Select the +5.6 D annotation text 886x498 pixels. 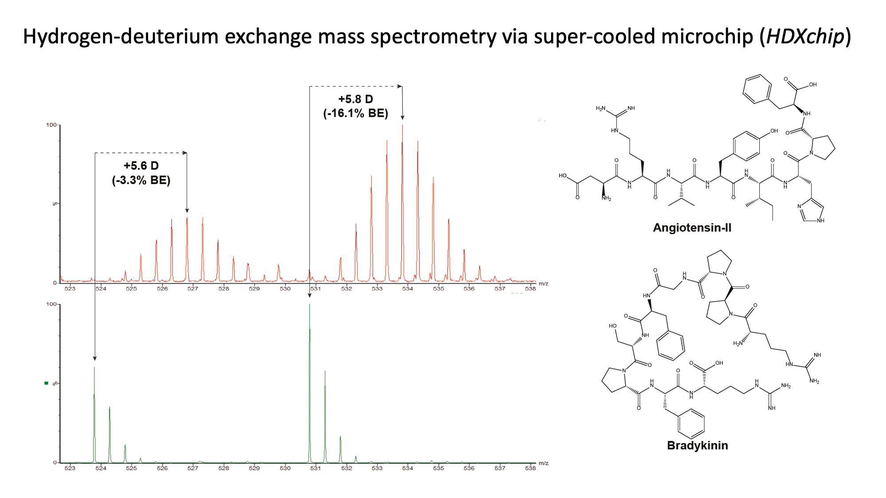click(x=141, y=166)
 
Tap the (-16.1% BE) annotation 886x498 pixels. click(x=356, y=113)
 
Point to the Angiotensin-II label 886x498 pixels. click(x=692, y=228)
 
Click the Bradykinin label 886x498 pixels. click(x=697, y=445)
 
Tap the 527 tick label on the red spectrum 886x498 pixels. click(x=193, y=289)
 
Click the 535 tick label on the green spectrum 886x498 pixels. click(x=439, y=468)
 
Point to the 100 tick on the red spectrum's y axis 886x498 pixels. click(x=51, y=125)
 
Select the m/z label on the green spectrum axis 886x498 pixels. click(x=544, y=463)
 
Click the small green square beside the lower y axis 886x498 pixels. click(x=46, y=383)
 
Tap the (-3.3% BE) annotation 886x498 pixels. click(x=141, y=180)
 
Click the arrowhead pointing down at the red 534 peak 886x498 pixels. click(x=402, y=117)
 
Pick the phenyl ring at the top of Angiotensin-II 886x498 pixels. click(x=757, y=89)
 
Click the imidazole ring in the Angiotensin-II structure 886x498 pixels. click(x=812, y=211)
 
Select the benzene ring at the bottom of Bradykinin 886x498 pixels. click(x=691, y=423)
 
